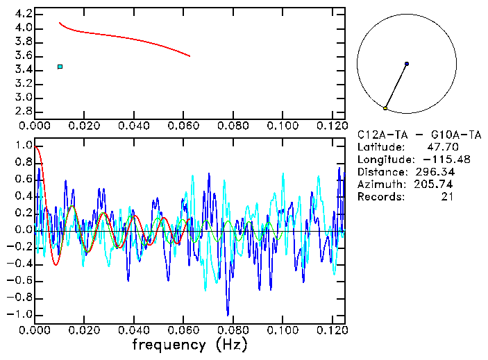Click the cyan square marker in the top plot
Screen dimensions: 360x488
point(60,67)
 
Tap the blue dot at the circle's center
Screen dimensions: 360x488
point(407,64)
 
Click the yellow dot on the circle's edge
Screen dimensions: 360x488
point(385,108)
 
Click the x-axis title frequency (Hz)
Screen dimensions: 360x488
point(190,345)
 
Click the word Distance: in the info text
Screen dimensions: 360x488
point(382,172)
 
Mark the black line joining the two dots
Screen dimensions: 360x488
point(396,86)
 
